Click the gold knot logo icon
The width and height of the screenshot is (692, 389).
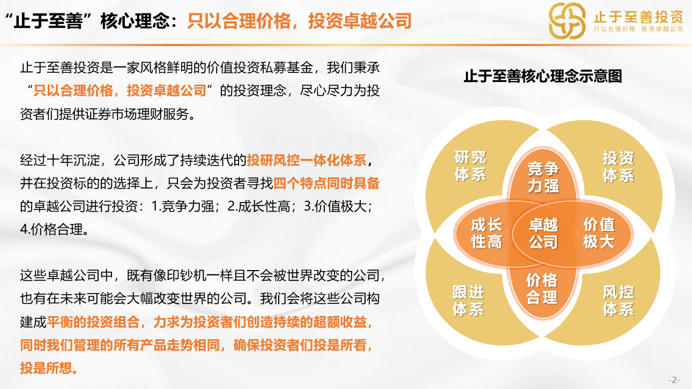pyautogui.click(x=567, y=21)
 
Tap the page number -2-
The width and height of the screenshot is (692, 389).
pyautogui.click(x=674, y=380)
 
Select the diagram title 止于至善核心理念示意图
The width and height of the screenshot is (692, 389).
pyautogui.click(x=543, y=76)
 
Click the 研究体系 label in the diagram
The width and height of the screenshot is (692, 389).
pyautogui.click(x=470, y=166)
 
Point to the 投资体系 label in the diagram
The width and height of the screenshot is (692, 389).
pyautogui.click(x=619, y=167)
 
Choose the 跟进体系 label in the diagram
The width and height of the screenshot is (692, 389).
pyautogui.click(x=468, y=301)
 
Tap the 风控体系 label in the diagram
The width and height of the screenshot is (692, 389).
pyautogui.click(x=619, y=301)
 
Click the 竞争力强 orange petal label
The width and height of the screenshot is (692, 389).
pyautogui.click(x=544, y=177)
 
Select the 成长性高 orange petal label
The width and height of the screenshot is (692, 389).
pyautogui.click(x=487, y=233)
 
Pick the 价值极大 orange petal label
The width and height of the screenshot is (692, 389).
pyautogui.click(x=599, y=233)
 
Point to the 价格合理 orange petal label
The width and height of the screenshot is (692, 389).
pyautogui.click(x=542, y=289)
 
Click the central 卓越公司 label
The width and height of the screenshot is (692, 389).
pyautogui.click(x=544, y=234)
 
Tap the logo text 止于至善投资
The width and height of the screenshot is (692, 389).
pyautogui.click(x=638, y=17)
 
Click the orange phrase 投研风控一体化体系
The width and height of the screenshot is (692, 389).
pyautogui.click(x=307, y=160)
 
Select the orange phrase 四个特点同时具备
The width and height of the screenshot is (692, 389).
pyautogui.click(x=326, y=183)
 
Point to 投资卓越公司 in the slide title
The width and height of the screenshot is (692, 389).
pyautogui.click(x=360, y=21)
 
